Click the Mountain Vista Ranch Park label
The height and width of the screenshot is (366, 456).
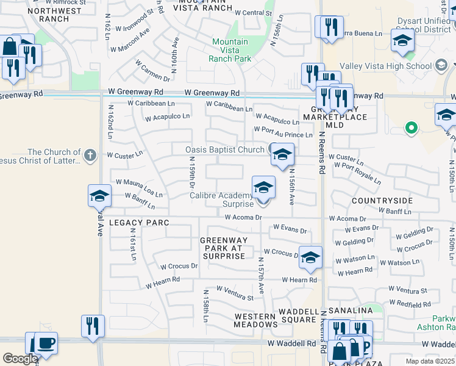coord(230,50)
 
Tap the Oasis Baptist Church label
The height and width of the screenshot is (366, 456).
coord(225,149)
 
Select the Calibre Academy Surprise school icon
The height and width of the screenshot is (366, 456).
coord(263,188)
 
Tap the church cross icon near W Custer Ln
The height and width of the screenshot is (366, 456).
coord(90,155)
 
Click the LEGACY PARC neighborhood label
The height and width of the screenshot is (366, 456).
coord(139,223)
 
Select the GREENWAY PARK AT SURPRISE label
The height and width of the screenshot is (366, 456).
coord(223,248)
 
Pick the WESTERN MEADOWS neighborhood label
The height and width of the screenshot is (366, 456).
coord(256,320)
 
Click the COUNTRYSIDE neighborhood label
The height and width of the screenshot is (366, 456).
coord(382,200)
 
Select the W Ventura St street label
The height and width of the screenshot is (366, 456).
coord(235,293)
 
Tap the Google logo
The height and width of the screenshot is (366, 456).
coord(20,358)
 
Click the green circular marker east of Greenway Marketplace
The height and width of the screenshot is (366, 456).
coord(411,128)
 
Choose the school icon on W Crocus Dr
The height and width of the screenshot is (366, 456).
coord(310,257)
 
